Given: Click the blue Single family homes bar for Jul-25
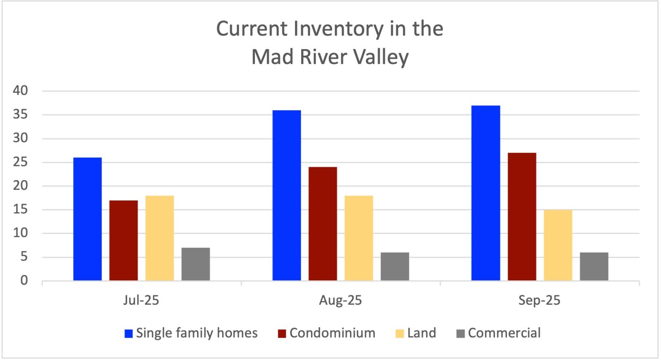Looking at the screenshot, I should [x=88, y=219].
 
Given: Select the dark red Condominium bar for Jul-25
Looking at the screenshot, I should [x=124, y=240].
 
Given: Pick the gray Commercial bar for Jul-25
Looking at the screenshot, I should [x=195, y=264].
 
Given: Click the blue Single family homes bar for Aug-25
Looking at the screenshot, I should [x=287, y=195].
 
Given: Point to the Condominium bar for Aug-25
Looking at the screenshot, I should [x=323, y=224].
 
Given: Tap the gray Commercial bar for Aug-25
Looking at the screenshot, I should [x=395, y=266].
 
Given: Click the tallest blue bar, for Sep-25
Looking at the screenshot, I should [x=486, y=193].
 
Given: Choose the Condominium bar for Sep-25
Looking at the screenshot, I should [x=522, y=217].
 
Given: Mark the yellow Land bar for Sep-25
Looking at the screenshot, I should [x=558, y=245].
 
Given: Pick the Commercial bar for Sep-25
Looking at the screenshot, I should [x=594, y=266].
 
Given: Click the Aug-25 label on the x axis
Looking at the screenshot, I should [x=340, y=300].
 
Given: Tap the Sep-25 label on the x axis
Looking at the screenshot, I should [x=539, y=300].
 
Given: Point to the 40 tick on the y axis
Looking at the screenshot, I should [x=20, y=90].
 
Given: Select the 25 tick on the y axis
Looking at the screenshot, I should [x=20, y=162].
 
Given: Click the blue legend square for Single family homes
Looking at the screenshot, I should [x=129, y=334].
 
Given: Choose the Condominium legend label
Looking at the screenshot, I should [x=332, y=333].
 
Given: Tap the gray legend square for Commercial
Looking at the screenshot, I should [x=461, y=334].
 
